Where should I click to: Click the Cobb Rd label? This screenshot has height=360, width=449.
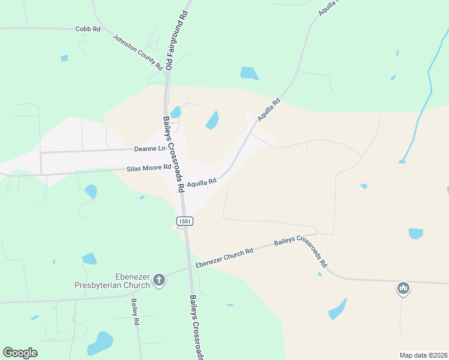[88, 29]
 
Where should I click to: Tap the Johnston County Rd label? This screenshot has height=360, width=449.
[138, 52]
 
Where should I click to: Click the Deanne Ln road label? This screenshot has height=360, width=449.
[149, 148]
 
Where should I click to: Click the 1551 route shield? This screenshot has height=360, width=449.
[184, 221]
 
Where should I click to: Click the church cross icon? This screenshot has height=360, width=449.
[159, 280]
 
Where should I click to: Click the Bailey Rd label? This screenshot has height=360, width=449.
[136, 312]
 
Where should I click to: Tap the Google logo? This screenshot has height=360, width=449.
[20, 353]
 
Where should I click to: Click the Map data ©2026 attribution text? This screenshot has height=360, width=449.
[423, 355]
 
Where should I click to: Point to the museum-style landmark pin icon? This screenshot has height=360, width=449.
[403, 289]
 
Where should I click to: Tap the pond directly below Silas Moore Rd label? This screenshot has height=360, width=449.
[91, 191]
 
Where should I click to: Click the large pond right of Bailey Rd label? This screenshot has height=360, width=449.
[100, 344]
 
